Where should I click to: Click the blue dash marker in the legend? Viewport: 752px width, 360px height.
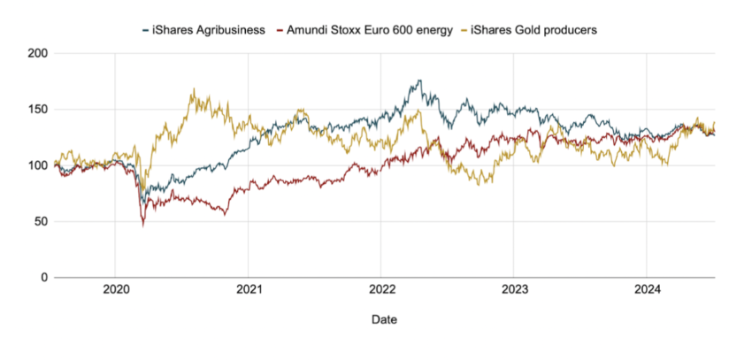pos(145,30)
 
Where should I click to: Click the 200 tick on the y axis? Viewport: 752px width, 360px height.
pos(38,54)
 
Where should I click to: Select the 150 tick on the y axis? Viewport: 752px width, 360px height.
pos(38,110)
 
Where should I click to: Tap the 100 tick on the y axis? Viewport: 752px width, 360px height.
pos(38,165)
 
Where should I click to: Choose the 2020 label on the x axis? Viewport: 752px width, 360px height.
pos(117,289)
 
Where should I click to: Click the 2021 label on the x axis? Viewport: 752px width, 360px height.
pos(249,289)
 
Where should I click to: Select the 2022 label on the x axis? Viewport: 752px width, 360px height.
pos(382,289)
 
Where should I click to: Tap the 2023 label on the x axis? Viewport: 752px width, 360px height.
pos(515,289)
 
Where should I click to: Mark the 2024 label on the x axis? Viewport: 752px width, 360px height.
pos(648,289)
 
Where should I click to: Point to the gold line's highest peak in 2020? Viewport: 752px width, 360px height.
pos(193,89)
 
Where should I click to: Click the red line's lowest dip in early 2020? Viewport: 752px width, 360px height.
pos(143,225)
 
